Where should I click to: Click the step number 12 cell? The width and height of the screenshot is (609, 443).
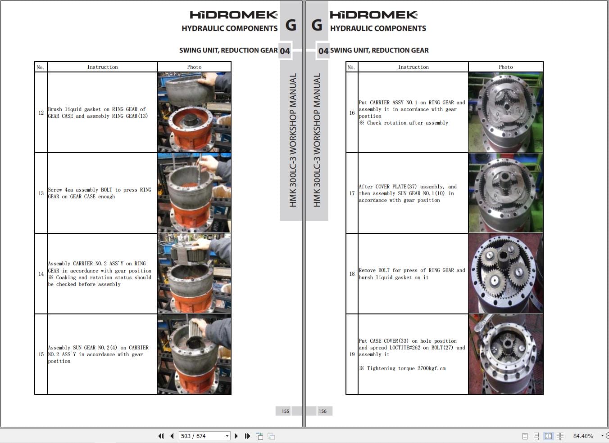[41, 112]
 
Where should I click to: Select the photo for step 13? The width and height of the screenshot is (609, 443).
[194, 193]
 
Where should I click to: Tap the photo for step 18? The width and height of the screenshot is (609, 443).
[505, 273]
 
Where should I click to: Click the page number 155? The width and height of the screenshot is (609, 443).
[285, 411]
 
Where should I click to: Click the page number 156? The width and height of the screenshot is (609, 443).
[323, 411]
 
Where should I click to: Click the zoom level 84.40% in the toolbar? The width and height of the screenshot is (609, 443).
[583, 436]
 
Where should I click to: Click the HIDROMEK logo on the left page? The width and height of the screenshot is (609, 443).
[233, 15]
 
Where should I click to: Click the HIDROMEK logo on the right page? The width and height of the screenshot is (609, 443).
[373, 15]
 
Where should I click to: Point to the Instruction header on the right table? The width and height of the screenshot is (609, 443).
[413, 67]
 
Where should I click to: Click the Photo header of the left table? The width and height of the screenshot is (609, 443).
[194, 67]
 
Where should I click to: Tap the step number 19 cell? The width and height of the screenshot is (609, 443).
[352, 354]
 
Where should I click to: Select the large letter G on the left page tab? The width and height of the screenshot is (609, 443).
[291, 25]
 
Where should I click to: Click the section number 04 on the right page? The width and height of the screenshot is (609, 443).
[323, 51]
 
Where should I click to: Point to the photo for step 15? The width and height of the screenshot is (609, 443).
[194, 354]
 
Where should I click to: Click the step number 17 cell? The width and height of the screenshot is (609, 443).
[352, 193]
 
